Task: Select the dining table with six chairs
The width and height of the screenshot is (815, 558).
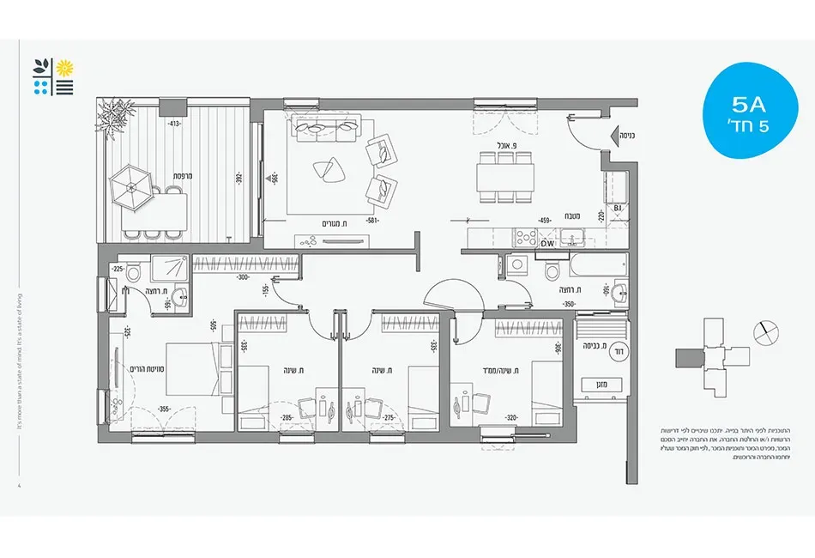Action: click(x=504, y=178)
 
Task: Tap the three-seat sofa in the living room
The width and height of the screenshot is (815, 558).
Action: click(x=325, y=130)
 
